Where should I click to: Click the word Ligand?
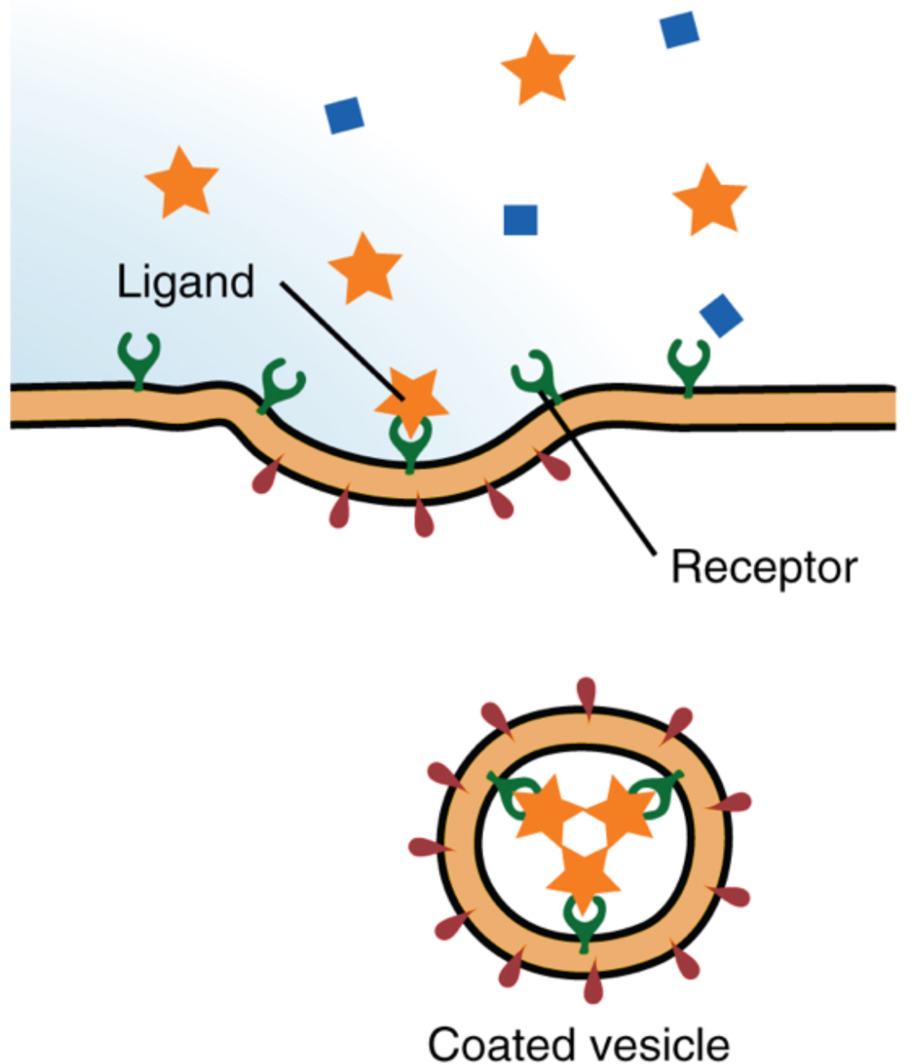(185, 283)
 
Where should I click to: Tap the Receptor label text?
(764, 568)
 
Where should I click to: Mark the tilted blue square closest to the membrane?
(720, 315)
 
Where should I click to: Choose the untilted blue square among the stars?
(520, 220)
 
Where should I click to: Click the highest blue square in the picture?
(679, 29)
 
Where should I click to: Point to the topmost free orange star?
(538, 68)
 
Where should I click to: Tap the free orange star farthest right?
(710, 199)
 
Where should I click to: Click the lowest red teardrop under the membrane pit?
(423, 518)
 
